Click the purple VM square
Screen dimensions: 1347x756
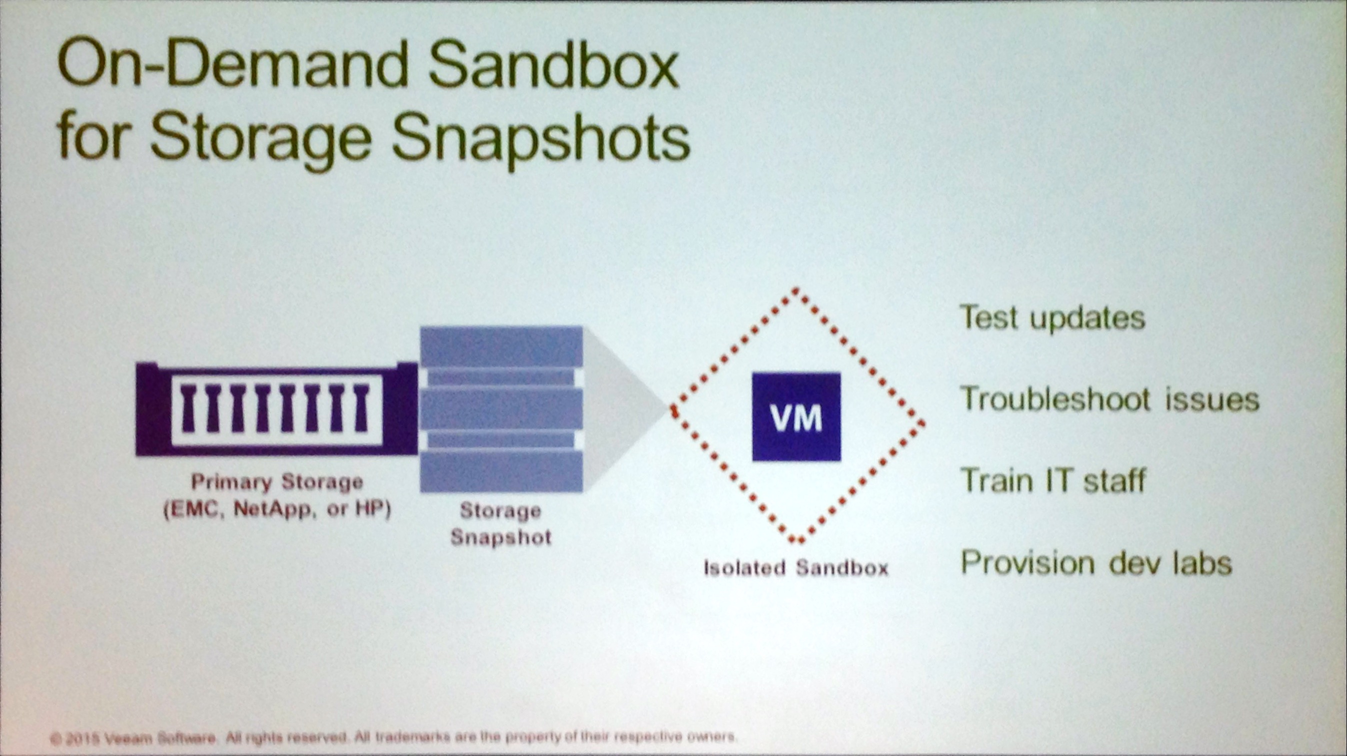[x=796, y=416]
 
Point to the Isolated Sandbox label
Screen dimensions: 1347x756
[x=796, y=568]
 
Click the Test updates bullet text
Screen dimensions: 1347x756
[x=1053, y=318]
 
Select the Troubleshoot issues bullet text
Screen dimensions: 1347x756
[x=1110, y=399]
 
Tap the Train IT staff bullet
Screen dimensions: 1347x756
[x=1053, y=481]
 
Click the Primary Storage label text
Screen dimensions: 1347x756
[x=277, y=482]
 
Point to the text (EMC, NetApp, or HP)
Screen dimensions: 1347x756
[x=277, y=509]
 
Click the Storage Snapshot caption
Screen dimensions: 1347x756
[x=501, y=523]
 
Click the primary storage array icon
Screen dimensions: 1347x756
[x=276, y=408]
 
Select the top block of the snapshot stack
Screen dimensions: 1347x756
[x=501, y=347]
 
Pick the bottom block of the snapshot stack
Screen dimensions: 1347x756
[x=501, y=471]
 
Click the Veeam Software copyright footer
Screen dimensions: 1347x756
[x=393, y=737]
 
